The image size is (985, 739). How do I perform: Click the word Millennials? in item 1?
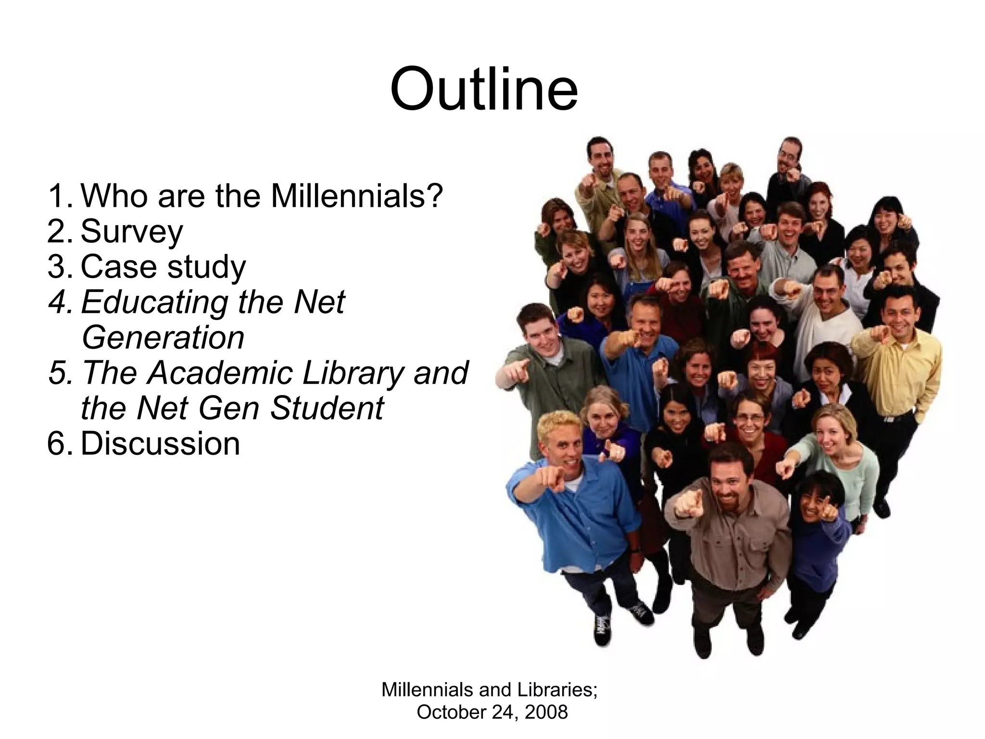point(356,196)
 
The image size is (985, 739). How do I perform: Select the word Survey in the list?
point(132,232)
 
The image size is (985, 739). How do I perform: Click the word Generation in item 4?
point(163,337)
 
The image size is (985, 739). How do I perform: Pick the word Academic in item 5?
point(219,373)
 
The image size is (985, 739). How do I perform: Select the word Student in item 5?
point(327,408)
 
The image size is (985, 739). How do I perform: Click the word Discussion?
point(160,443)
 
